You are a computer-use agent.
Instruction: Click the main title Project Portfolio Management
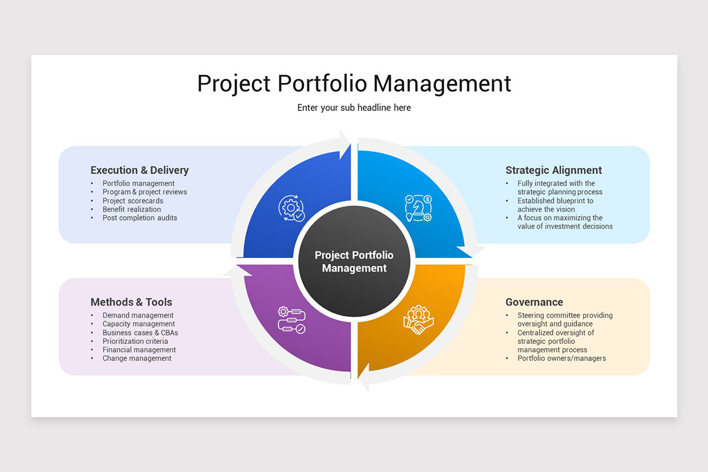pos(354,83)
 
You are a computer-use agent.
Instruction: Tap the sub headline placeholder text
pos(354,108)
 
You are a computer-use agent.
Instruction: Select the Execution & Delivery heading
pos(139,171)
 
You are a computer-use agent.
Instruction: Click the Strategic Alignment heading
pos(553,171)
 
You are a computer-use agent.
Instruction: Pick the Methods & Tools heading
pos(131,302)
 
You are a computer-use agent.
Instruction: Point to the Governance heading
pos(534,302)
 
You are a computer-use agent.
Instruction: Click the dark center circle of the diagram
pos(354,261)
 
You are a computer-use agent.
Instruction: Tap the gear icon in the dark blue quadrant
pos(291,208)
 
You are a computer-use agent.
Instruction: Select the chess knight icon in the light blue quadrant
pos(418,208)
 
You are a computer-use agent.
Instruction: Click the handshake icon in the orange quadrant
pos(418,320)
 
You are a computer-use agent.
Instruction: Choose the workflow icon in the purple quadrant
pos(291,320)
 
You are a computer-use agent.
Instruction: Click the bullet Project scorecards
pos(133,201)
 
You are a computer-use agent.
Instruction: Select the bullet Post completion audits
pos(140,218)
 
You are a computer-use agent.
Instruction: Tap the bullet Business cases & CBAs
pos(140,333)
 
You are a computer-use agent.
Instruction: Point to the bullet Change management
pos(137,358)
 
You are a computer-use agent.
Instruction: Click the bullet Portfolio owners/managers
pos(562,358)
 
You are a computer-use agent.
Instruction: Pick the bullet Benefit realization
pos(132,209)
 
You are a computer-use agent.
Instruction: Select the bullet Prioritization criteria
pos(135,341)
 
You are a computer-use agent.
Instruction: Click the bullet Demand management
pos(138,316)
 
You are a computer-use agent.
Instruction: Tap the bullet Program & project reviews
pos(145,192)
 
